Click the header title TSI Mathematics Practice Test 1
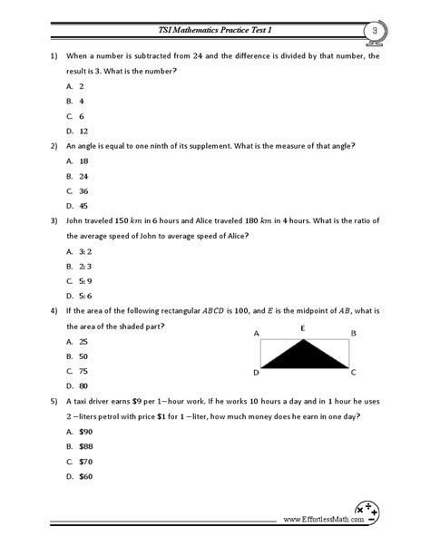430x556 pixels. [215, 31]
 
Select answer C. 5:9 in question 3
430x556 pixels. [78, 280]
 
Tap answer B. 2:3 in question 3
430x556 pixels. [78, 266]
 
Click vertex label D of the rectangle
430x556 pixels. [256, 373]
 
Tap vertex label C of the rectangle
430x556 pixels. [353, 373]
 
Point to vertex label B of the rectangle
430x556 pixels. [353, 334]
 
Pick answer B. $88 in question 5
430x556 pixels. [79, 446]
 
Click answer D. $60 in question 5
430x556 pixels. [79, 476]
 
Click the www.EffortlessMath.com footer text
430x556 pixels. [318, 521]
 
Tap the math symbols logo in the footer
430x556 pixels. [367, 512]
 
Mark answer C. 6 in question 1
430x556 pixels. [75, 116]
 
